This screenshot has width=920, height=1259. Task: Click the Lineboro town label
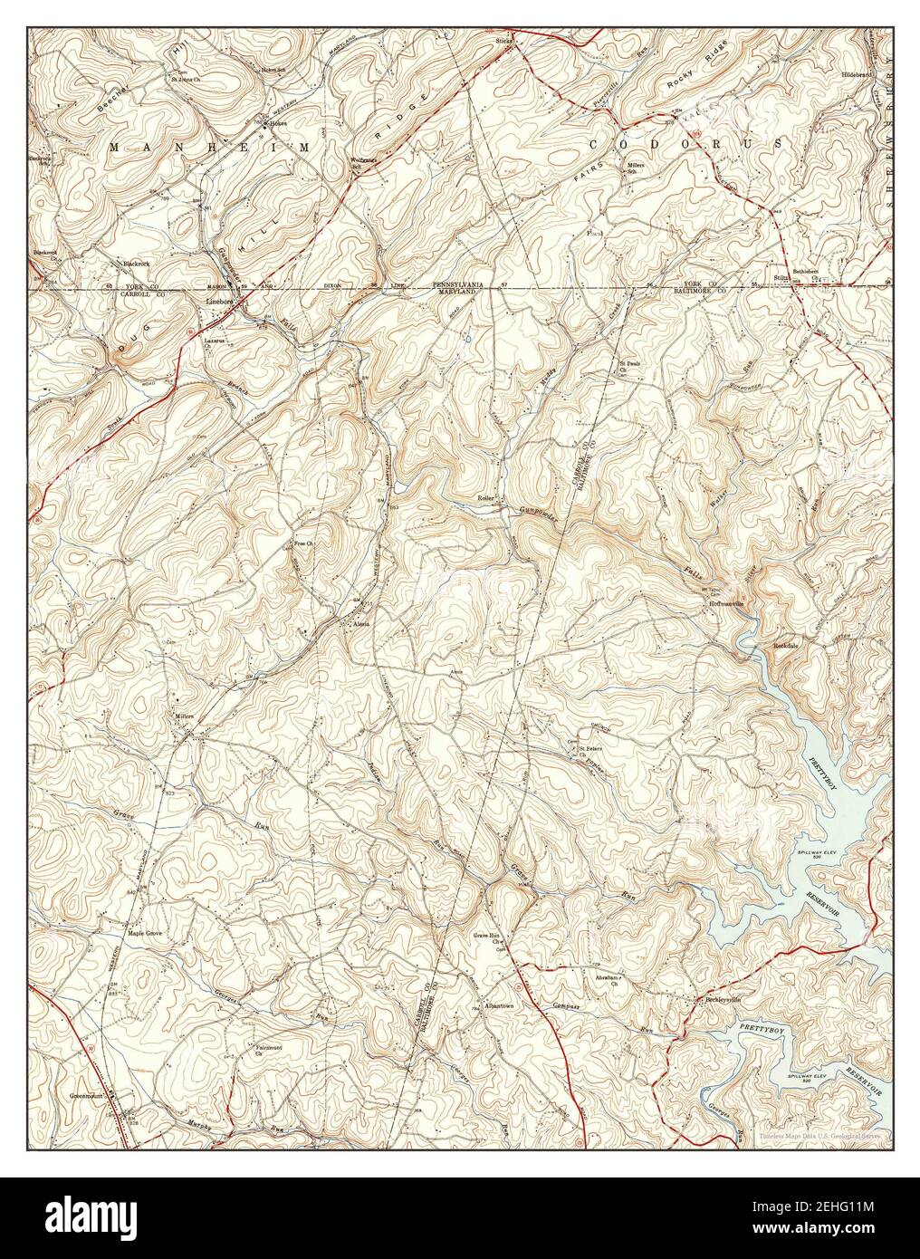220,301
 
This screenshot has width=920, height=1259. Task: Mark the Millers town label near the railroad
185,716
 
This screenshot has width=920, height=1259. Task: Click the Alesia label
359,624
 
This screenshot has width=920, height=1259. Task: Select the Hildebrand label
858,74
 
